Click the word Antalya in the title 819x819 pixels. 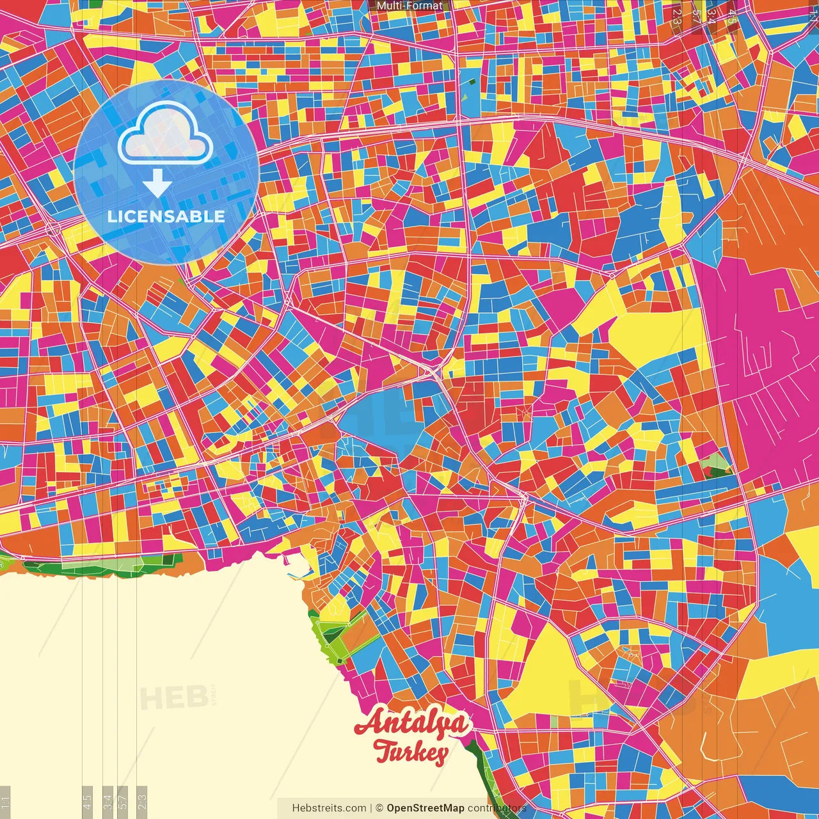click(413, 724)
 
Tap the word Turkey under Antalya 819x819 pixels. click(410, 752)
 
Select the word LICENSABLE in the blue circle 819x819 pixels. click(166, 216)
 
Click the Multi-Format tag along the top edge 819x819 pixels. click(409, 6)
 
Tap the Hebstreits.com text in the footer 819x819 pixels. click(329, 808)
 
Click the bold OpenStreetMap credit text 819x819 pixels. click(425, 808)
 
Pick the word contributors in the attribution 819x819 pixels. click(497, 808)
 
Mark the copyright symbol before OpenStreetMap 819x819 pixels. click(379, 808)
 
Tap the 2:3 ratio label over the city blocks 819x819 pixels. click(676, 16)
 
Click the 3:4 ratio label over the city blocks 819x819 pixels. click(712, 16)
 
